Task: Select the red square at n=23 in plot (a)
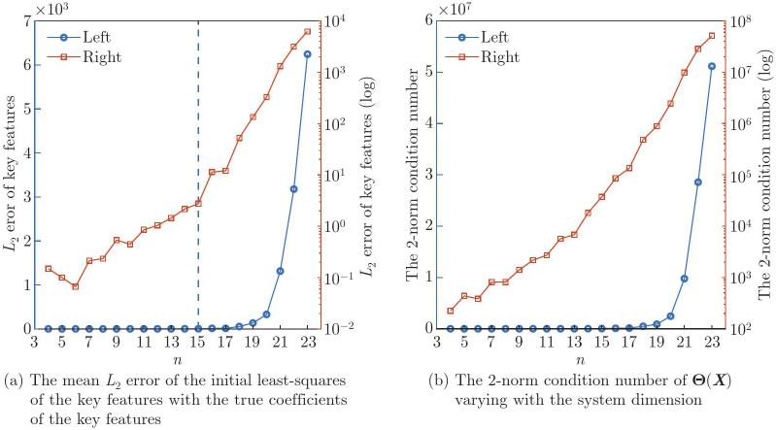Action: pyautogui.click(x=308, y=32)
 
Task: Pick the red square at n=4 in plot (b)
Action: pyautogui.click(x=451, y=311)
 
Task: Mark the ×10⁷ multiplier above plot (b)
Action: pyautogui.click(x=452, y=7)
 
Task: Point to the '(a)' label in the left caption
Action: pyautogui.click(x=14, y=377)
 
